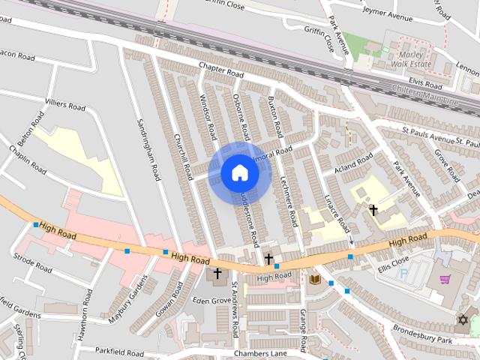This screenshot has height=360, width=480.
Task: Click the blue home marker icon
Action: click(x=239, y=172)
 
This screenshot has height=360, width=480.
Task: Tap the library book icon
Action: click(x=314, y=280)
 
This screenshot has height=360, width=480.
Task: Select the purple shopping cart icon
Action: click(x=445, y=280)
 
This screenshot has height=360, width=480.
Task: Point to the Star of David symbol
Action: click(x=462, y=320)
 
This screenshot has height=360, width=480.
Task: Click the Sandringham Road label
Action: click(x=148, y=151)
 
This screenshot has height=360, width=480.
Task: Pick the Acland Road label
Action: click(x=353, y=164)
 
